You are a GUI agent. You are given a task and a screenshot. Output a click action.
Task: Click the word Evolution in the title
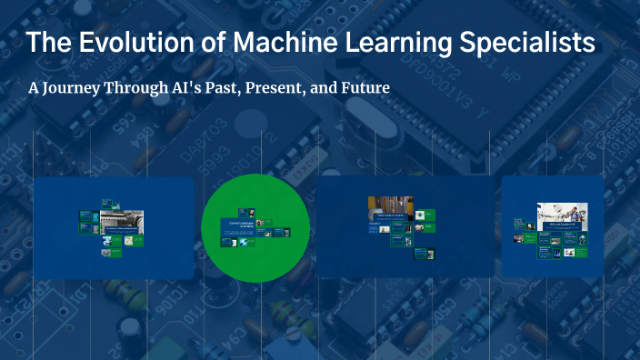point(124,43)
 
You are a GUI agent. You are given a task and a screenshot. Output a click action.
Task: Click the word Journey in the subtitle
point(80,89)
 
